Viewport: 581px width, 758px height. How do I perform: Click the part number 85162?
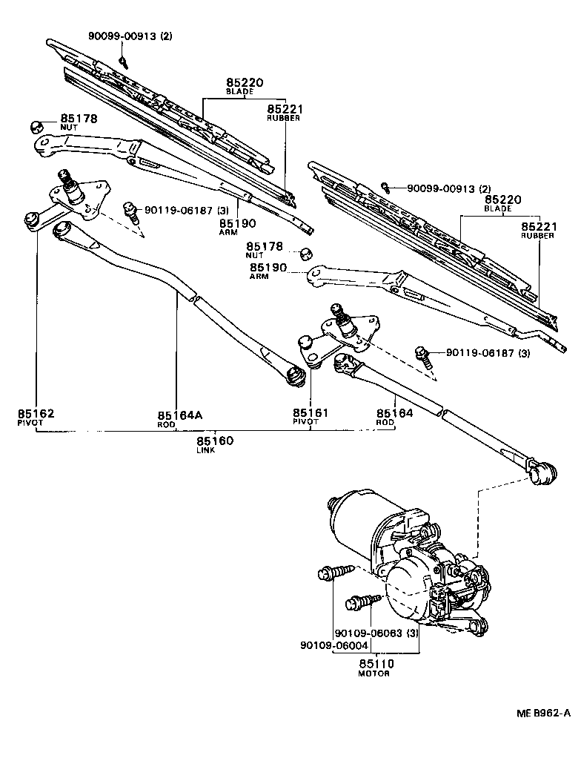tap(36, 413)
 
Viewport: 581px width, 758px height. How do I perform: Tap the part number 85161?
tap(311, 412)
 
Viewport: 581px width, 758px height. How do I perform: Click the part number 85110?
tap(376, 663)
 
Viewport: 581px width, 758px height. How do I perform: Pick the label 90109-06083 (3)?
tap(376, 633)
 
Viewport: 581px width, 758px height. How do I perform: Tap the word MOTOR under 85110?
tap(374, 673)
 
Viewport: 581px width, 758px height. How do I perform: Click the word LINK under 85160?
tap(205, 450)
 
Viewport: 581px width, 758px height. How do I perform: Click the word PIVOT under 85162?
tap(32, 422)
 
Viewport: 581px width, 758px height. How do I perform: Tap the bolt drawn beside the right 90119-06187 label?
tap(422, 355)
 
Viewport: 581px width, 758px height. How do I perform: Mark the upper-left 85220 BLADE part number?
tap(245, 82)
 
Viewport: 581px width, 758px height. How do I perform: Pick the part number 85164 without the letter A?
tap(394, 413)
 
